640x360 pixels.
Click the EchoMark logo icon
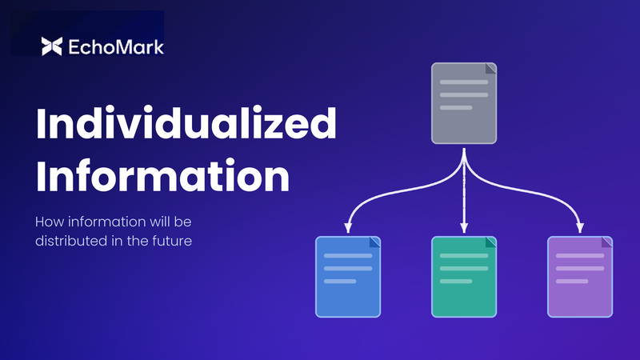[x=51, y=46]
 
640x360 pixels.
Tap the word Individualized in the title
[x=186, y=126]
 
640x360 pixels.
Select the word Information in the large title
[x=162, y=177]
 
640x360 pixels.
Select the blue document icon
[x=348, y=277]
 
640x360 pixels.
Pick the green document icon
[x=464, y=277]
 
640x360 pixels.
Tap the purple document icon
[x=580, y=277]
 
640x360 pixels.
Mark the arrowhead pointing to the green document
[x=464, y=227]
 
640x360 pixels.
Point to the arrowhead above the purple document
[x=580, y=227]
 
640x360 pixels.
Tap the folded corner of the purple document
[x=606, y=243]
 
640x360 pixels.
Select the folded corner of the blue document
[x=374, y=243]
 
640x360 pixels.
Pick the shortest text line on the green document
[x=456, y=282]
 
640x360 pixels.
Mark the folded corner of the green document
[x=490, y=243]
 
